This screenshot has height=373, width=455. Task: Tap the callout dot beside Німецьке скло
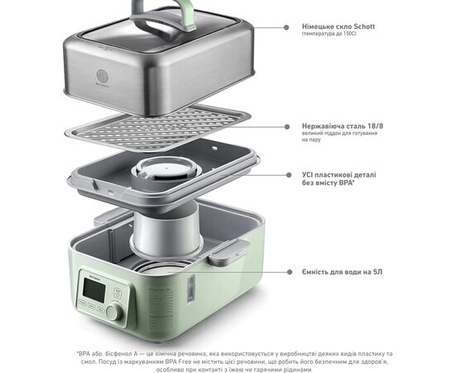click(286, 27)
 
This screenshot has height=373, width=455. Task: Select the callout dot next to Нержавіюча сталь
click(287, 127)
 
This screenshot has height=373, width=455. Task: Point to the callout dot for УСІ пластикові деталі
click(289, 175)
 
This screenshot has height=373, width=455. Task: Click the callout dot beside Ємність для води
click(290, 272)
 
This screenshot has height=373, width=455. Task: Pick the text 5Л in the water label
click(378, 272)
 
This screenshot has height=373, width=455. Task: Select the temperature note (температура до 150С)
click(329, 34)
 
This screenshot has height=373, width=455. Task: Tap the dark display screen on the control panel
click(94, 290)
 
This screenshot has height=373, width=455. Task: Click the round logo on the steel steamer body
click(102, 76)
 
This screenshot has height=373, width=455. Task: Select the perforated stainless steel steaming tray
click(158, 127)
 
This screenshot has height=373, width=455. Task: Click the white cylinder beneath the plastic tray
click(167, 230)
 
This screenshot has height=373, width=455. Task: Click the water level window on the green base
click(191, 288)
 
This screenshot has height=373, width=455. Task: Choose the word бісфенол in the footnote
click(118, 354)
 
